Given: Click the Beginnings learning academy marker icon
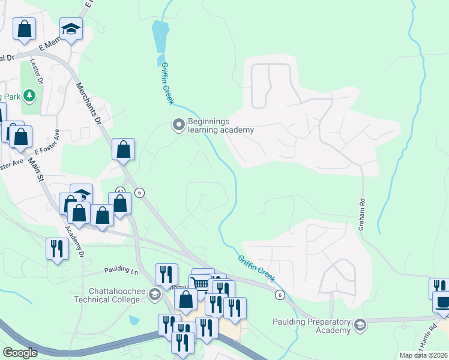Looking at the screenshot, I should (178, 125).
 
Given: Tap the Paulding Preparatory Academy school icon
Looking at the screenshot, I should (360, 325).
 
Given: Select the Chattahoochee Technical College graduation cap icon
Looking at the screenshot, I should (154, 294).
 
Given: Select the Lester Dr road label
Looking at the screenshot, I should (41, 73).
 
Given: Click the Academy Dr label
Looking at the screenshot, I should (74, 241).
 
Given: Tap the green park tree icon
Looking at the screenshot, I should (29, 95).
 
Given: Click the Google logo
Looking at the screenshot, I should (20, 353).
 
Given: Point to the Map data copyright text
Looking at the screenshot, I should (424, 355).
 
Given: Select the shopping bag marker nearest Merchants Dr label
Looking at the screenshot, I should (123, 150).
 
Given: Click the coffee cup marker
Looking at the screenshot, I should (443, 301).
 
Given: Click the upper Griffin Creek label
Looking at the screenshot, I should (167, 84).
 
